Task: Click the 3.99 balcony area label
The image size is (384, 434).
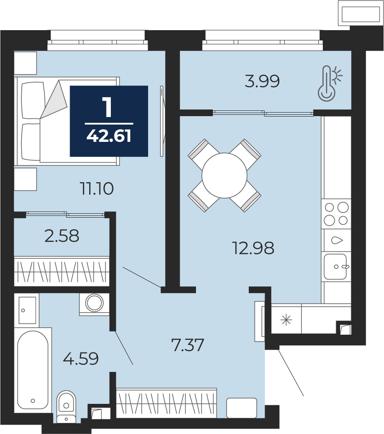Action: click(262, 82)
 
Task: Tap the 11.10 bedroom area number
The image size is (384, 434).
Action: click(97, 189)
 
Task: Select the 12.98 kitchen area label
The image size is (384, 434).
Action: click(253, 248)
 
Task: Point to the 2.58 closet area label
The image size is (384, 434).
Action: click(62, 236)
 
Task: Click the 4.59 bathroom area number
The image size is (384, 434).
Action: click(81, 359)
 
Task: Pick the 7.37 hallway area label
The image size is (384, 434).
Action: click(188, 345)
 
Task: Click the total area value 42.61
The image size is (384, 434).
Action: click(109, 136)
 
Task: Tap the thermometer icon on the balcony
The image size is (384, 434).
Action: click(329, 83)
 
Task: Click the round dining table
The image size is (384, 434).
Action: click(224, 176)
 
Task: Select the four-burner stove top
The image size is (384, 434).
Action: click(336, 213)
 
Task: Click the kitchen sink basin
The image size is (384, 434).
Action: click(335, 266)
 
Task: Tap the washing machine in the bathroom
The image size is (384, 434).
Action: click(94, 304)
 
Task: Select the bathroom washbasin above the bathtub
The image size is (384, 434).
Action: click(27, 310)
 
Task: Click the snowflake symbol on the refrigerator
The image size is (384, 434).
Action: click(286, 320)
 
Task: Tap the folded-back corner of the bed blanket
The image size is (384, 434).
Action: click(54, 99)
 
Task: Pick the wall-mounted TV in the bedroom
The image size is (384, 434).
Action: click(162, 121)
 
